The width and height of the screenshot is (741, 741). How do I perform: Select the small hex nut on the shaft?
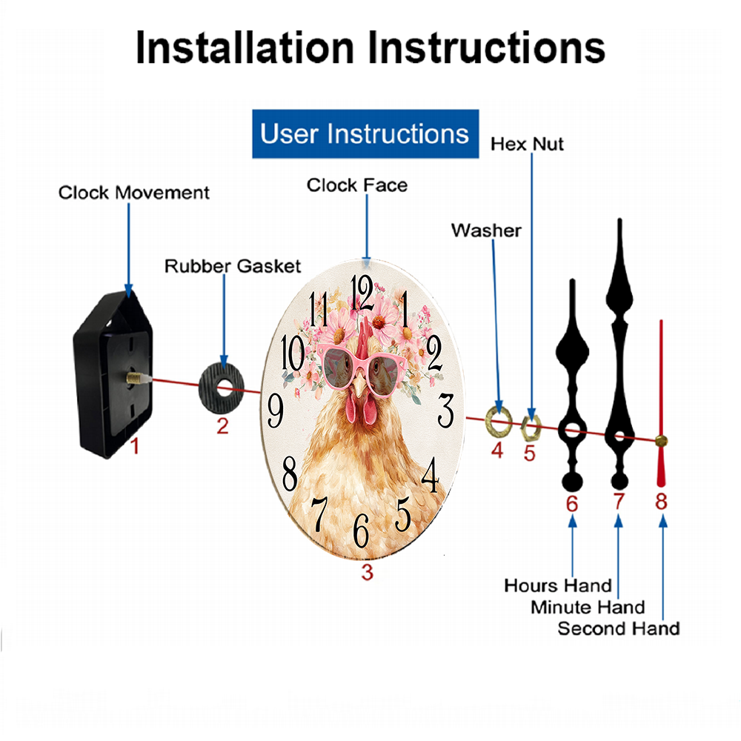[531, 428]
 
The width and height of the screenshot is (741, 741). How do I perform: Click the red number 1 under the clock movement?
[135, 445]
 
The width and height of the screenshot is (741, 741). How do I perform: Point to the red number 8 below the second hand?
[661, 502]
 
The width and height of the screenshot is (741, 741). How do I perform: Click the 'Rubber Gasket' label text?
[233, 266]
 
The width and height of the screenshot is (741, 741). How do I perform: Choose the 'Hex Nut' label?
[527, 144]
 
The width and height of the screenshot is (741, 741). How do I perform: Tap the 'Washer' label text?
[486, 230]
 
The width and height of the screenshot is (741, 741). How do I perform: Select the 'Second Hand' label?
[619, 628]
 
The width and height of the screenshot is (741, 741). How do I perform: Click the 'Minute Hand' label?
[588, 607]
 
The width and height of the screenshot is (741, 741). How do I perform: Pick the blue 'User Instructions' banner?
[365, 133]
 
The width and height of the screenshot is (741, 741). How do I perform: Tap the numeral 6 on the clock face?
[361, 531]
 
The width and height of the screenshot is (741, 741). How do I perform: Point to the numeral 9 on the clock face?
[276, 411]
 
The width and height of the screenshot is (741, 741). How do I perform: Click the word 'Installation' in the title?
[245, 47]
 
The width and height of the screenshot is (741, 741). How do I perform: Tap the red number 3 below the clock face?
[368, 572]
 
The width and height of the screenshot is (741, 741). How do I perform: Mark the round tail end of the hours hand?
[572, 482]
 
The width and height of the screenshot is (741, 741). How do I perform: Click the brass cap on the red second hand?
[661, 442]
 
